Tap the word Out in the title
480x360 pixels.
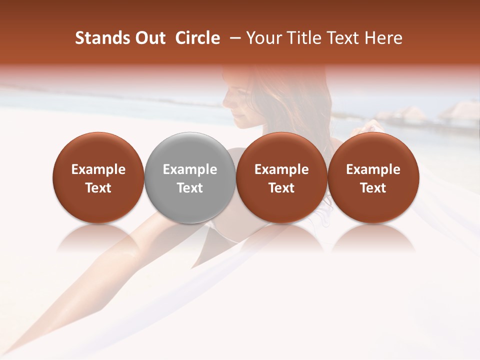pyautogui.click(x=149, y=38)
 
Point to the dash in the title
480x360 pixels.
pyautogui.click(x=233, y=38)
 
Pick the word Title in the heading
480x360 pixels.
pyautogui.click(x=298, y=38)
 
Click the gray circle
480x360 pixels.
pyautogui.click(x=190, y=177)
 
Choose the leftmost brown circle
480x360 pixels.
pyautogui.click(x=98, y=177)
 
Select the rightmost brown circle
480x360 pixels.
pyautogui.click(x=373, y=177)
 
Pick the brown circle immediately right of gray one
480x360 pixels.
pyautogui.click(x=281, y=177)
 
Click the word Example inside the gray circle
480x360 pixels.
pyautogui.click(x=190, y=169)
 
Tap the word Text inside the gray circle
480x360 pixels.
pyautogui.click(x=190, y=188)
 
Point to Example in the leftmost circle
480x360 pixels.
pyautogui.click(x=98, y=169)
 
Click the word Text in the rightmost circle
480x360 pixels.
pyautogui.click(x=373, y=188)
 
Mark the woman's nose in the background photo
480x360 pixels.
pyautogui.click(x=226, y=102)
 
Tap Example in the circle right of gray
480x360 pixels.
pyautogui.click(x=281, y=169)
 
